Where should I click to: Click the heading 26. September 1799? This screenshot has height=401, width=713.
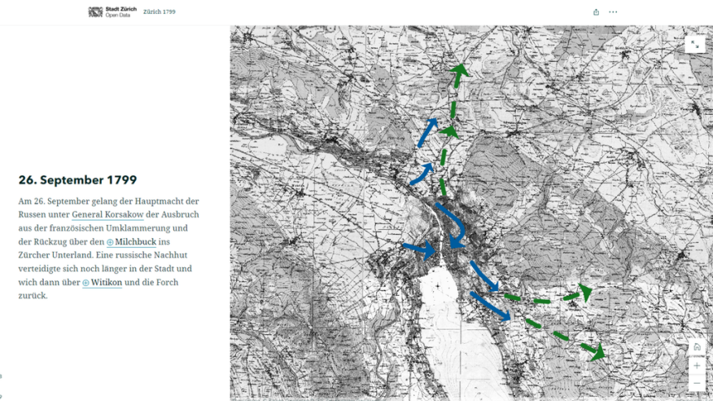[x=77, y=180]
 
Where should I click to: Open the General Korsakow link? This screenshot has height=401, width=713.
[x=107, y=214]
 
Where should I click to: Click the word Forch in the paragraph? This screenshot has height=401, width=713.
[x=159, y=283]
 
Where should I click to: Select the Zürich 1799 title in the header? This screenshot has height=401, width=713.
[x=159, y=12]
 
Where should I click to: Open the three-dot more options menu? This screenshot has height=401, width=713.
[x=613, y=12]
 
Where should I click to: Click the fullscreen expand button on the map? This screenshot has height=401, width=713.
[x=694, y=45]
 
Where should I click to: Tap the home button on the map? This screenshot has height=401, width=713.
[x=696, y=347]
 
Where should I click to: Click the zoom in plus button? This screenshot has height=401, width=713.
[x=696, y=366]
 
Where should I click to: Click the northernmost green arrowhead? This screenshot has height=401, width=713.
[x=460, y=71]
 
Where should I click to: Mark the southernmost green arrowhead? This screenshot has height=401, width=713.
[x=598, y=353]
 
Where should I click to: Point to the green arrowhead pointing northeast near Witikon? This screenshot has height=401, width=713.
[x=584, y=292]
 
